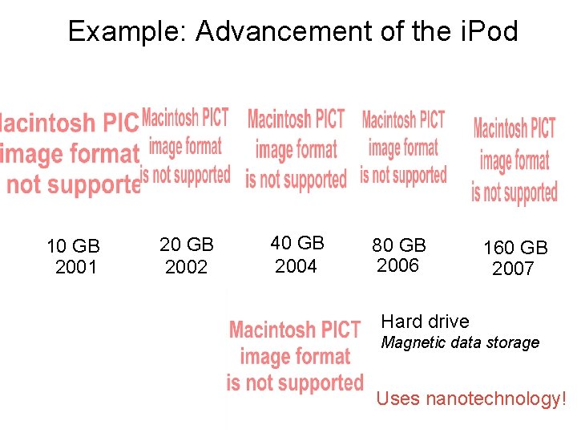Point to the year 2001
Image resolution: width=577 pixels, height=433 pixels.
pyautogui.click(x=75, y=267)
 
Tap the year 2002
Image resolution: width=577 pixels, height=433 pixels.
pyautogui.click(x=186, y=267)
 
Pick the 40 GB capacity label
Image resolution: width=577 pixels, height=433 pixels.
pyautogui.click(x=297, y=243)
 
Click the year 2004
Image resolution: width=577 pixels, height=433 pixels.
pyautogui.click(x=296, y=265)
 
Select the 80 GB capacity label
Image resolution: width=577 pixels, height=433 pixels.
pyautogui.click(x=398, y=245)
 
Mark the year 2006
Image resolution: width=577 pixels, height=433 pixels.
pyautogui.click(x=397, y=265)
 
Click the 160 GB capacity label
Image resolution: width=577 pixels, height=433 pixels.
pyautogui.click(x=514, y=248)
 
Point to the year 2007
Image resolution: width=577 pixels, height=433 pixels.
pyautogui.click(x=513, y=269)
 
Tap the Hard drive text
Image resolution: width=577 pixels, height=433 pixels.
pyautogui.click(x=425, y=322)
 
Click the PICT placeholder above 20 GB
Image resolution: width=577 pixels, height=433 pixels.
pyautogui.click(x=186, y=147)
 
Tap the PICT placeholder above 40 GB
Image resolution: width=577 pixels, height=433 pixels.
pyautogui.click(x=296, y=150)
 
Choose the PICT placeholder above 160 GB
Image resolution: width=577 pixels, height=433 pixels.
pyautogui.click(x=514, y=160)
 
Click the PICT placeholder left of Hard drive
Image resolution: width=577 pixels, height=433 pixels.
pyautogui.click(x=295, y=356)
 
